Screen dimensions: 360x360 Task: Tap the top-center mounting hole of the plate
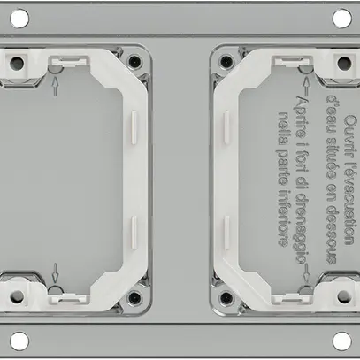point(180,16)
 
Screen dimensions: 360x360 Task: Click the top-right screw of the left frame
point(133,63)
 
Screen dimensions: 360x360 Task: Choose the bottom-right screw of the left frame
point(133,296)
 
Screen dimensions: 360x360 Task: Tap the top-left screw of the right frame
point(226,63)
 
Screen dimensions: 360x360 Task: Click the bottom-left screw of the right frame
point(226,296)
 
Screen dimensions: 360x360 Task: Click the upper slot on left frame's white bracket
point(132,125)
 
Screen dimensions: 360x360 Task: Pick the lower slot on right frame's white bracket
point(227,232)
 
